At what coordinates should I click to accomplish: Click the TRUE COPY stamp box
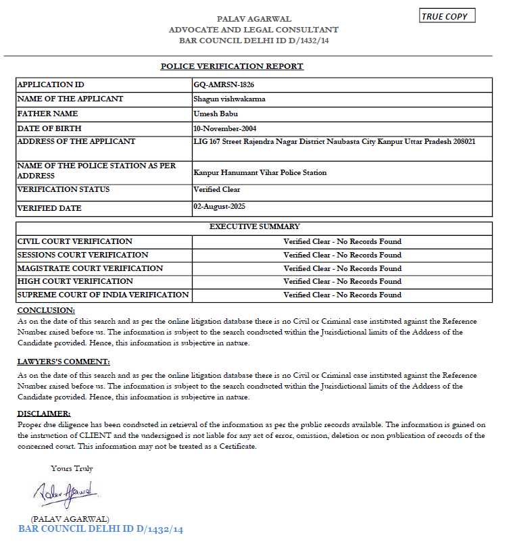coord(447,16)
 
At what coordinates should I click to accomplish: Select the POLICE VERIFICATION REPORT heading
coord(232,66)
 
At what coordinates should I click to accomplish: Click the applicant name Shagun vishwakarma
coord(229,99)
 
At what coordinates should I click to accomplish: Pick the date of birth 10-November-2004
coord(224,128)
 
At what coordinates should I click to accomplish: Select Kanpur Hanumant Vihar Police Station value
coord(260,173)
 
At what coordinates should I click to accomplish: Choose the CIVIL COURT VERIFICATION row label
coord(75,241)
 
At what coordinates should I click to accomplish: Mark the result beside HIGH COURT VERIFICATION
coord(342,281)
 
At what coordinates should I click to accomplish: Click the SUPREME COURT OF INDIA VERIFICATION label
coord(103,295)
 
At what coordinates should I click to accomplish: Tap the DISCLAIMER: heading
coord(43,414)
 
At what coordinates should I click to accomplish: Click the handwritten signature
coord(66,494)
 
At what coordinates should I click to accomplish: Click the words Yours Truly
coord(72,468)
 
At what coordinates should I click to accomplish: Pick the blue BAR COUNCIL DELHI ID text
coord(101,529)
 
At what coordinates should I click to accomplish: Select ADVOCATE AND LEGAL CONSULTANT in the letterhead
coord(253,30)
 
